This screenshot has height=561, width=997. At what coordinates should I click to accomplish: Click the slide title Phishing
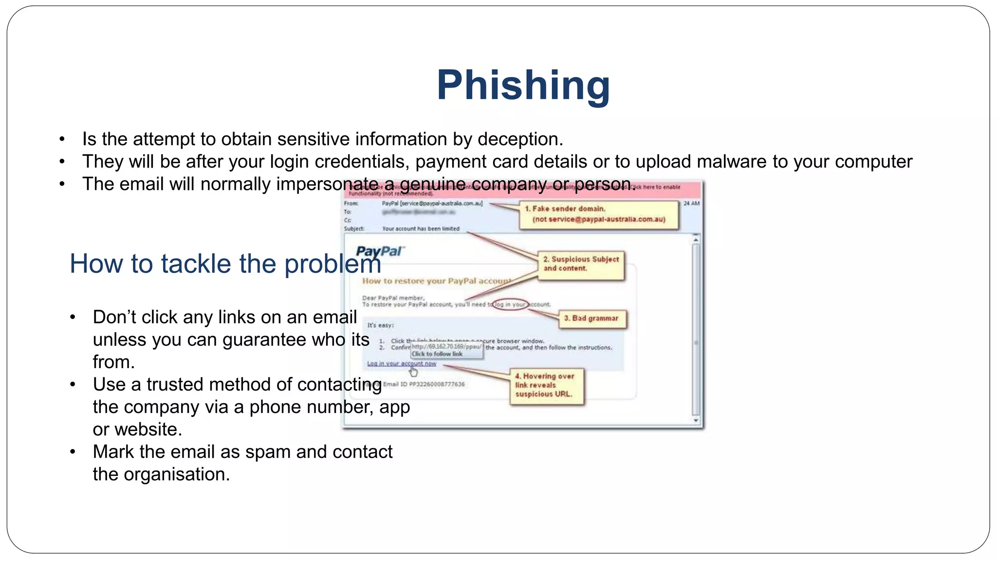pos(523,86)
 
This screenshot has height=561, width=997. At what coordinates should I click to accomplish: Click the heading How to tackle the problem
pos(225,264)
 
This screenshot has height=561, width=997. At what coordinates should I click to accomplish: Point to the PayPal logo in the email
pos(379,251)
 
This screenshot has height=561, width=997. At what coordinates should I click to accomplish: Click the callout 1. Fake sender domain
pos(598,214)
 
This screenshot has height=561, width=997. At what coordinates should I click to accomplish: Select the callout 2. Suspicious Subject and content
pos(581,264)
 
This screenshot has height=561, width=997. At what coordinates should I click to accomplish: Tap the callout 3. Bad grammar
pos(591,318)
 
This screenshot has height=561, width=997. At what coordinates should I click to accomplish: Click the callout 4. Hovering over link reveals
pos(546,385)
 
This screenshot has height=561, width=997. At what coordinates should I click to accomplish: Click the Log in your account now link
pos(401,364)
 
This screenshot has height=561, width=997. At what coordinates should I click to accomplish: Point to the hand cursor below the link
pos(413,373)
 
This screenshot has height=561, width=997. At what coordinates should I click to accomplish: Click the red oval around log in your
pos(510,305)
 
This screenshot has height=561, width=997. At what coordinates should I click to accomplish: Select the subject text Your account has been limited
pos(421,229)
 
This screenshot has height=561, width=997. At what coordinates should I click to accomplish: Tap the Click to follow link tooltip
pos(437,354)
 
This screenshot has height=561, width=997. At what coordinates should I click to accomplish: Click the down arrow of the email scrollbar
pos(696,420)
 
